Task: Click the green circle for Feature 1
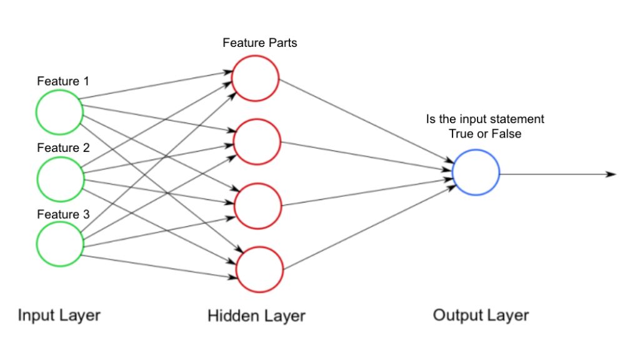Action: pos(59,112)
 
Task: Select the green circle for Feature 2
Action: pos(59,179)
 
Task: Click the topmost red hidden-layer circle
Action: pos(256,77)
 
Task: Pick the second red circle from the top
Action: pos(256,141)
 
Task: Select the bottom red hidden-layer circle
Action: pos(259,269)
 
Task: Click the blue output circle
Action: pos(476,172)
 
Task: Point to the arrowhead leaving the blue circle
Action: pos(612,174)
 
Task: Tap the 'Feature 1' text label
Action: pos(63,81)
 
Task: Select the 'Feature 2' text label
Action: pos(63,148)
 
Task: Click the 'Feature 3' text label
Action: pos(63,214)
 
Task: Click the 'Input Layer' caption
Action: pos(59,315)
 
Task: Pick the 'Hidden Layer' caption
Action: pos(256,316)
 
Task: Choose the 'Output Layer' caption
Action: pos(481,315)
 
